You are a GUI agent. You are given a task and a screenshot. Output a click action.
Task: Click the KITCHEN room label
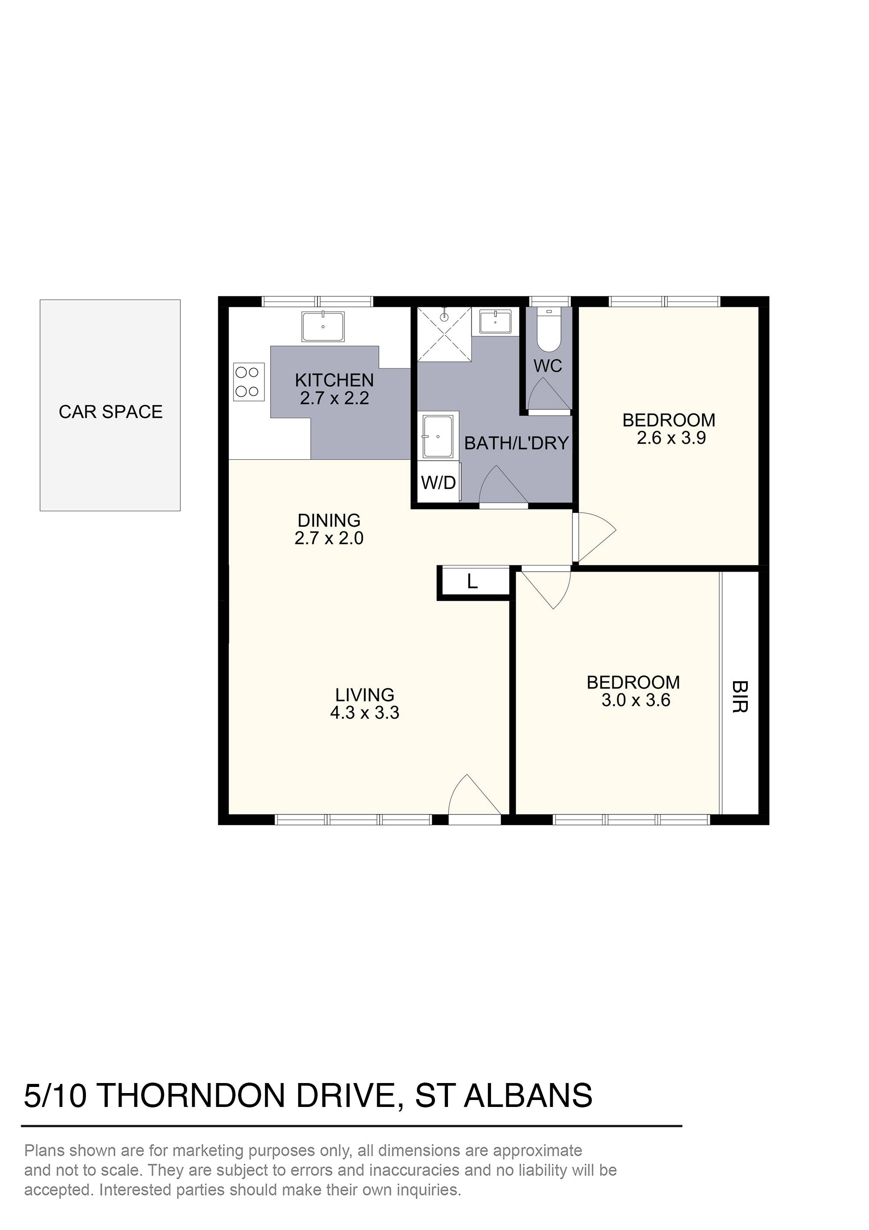coord(334,380)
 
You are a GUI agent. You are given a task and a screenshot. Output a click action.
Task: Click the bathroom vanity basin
coord(495,323)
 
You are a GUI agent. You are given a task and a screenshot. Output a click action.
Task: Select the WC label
coord(548,366)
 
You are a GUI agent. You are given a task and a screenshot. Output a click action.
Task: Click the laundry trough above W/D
coord(438,436)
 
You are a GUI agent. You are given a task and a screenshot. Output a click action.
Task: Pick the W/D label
coord(438,483)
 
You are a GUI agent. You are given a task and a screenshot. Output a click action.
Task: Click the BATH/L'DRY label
coord(516,443)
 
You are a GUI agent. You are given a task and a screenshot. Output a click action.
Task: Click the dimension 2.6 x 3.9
coord(671,438)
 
